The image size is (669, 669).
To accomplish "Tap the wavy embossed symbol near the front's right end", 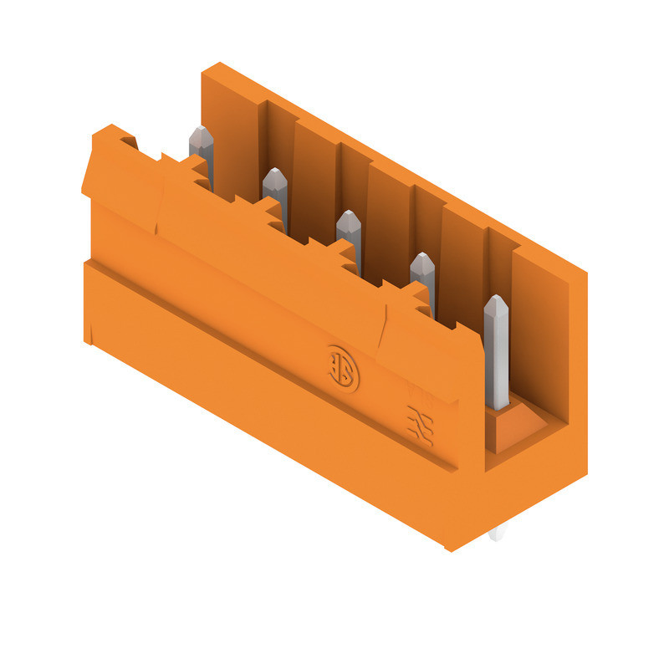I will pos(418,423).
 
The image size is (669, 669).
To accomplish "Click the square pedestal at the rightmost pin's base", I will pos(512,426).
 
